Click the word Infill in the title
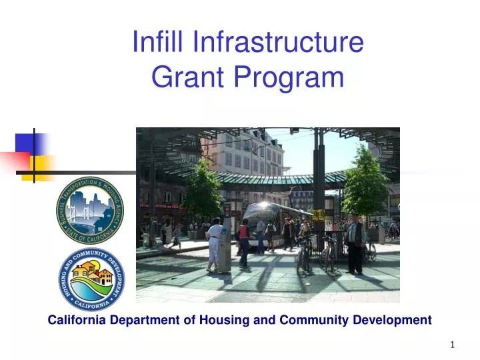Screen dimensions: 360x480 click(x=158, y=42)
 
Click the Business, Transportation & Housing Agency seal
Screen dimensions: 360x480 click(x=90, y=210)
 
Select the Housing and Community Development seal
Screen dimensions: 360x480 click(x=90, y=279)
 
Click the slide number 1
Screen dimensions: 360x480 click(x=453, y=345)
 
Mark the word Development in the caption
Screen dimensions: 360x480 click(x=394, y=320)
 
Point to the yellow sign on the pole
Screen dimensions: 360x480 click(x=319, y=215)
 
